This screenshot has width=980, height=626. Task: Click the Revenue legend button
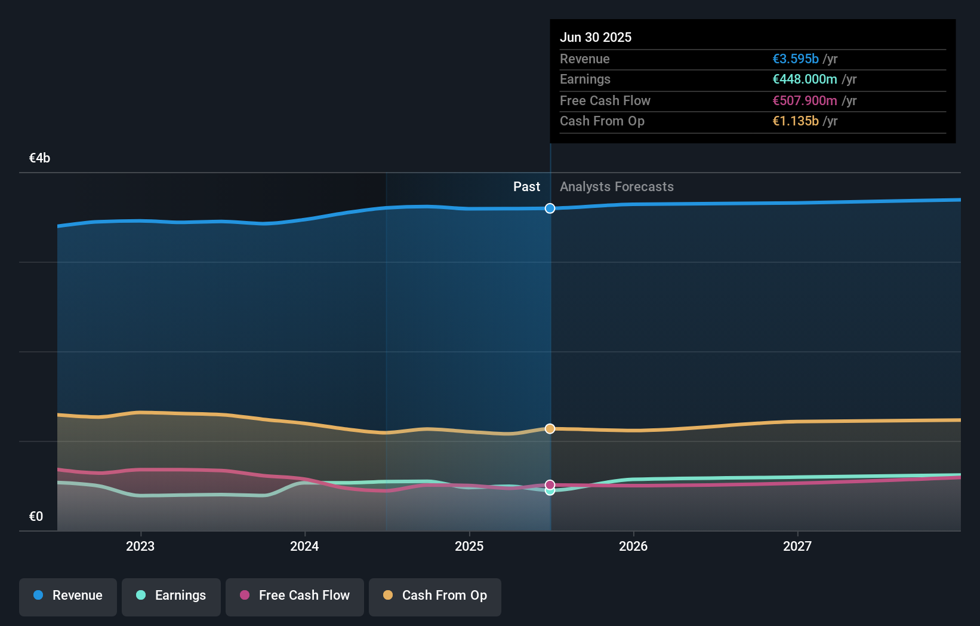point(68,596)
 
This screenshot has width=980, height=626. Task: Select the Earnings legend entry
point(171,596)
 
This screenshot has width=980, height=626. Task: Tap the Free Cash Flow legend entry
point(295,596)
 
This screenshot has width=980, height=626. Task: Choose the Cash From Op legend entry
point(435,596)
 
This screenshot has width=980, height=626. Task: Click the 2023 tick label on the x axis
point(140,546)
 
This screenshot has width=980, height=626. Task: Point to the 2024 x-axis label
point(304,546)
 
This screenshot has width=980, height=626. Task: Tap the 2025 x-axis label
point(469,546)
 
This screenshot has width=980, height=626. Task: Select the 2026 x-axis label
point(633,546)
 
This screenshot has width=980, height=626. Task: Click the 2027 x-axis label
point(797,546)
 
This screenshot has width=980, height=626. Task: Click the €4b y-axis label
point(39,158)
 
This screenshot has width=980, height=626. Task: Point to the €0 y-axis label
point(36,517)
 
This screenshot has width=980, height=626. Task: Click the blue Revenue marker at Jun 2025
point(550,208)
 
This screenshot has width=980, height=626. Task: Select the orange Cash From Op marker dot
point(550,429)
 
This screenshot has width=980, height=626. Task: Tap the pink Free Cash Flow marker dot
point(550,484)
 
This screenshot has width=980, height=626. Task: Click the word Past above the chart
point(526,187)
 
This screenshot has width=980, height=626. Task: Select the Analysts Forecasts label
point(617,187)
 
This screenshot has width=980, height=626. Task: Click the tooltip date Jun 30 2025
point(595,37)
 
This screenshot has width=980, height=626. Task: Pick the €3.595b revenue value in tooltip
point(795,59)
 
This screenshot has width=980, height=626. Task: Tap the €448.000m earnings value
point(804,79)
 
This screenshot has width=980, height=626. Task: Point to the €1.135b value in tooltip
point(795,121)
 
